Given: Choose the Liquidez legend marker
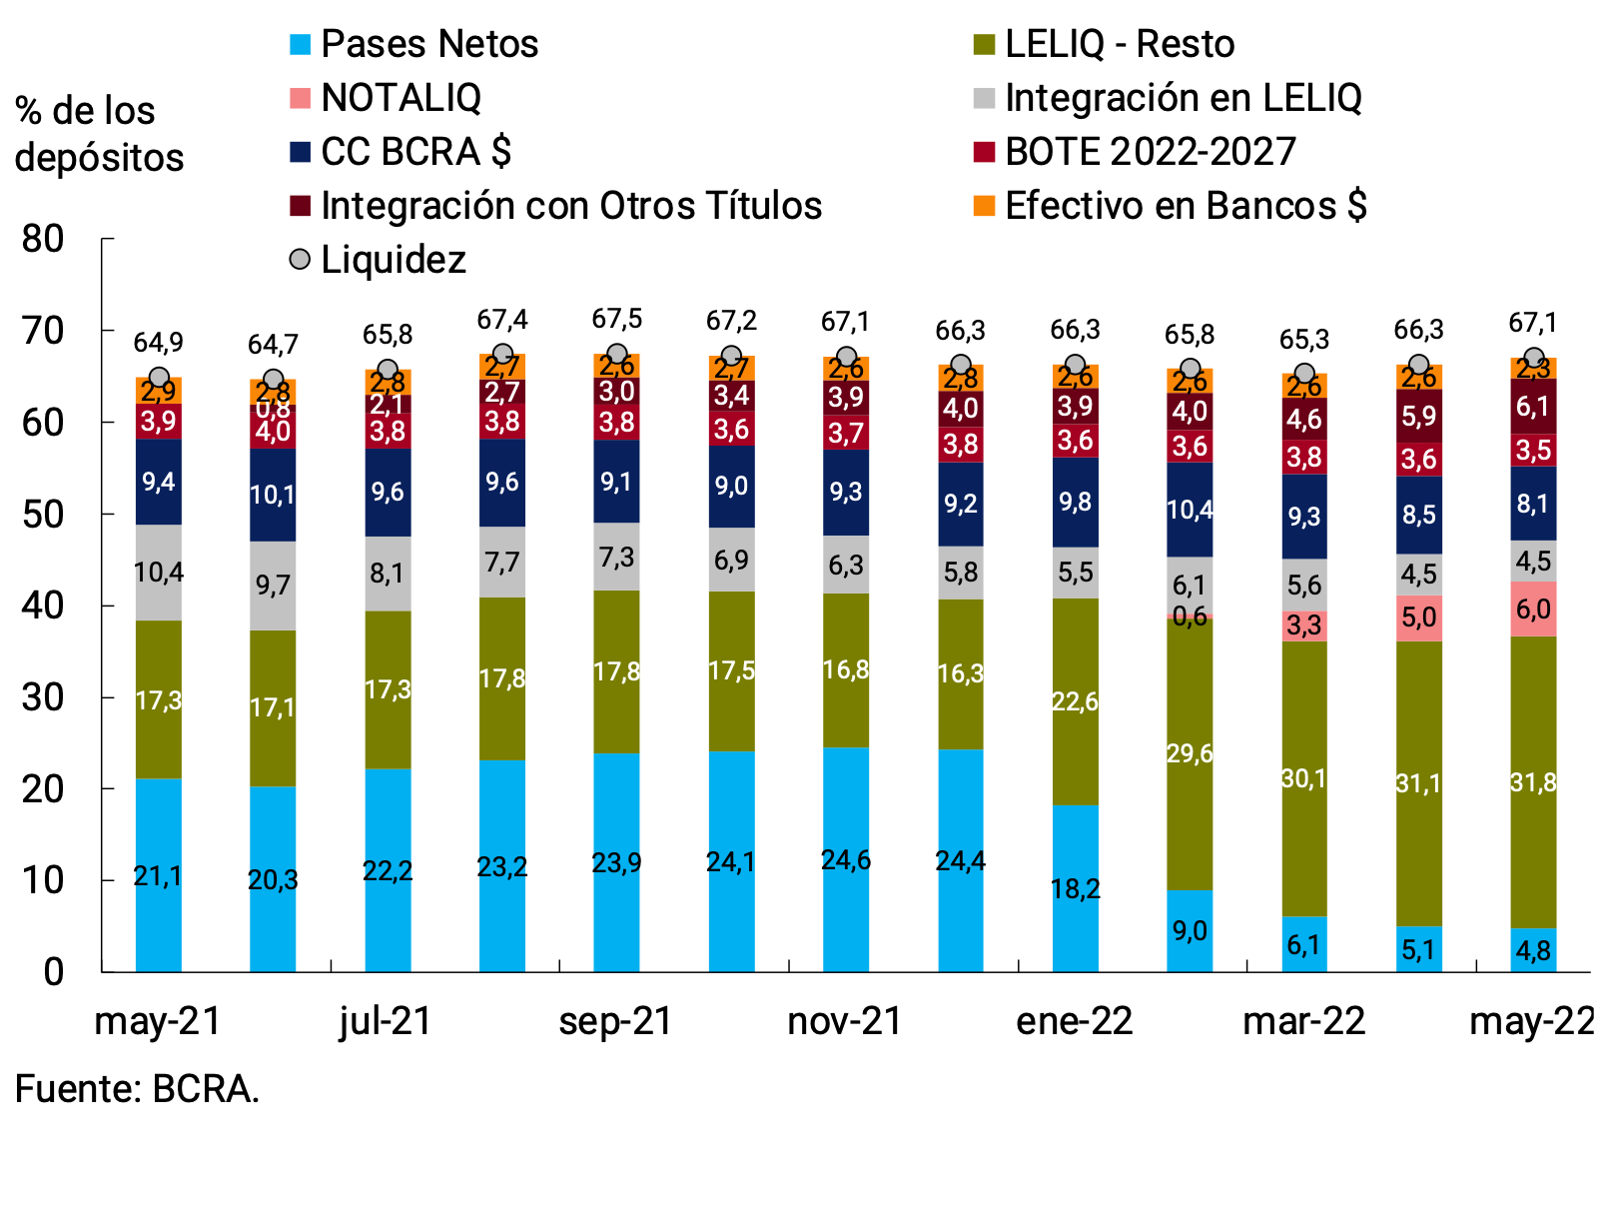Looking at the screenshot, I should (x=300, y=260).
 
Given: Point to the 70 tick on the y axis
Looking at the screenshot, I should (x=42, y=331).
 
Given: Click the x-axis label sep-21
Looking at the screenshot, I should (x=616, y=1021).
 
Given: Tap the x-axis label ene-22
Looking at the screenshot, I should (x=1075, y=1021).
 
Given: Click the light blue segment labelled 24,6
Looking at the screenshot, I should (x=846, y=859).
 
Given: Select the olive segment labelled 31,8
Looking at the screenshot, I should (x=1533, y=782).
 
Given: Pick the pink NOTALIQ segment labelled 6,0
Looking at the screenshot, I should (x=1533, y=609).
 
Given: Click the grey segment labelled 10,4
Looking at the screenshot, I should (x=159, y=573).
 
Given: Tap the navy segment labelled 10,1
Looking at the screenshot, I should (x=273, y=495).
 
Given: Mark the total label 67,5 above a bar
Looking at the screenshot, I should (x=616, y=319).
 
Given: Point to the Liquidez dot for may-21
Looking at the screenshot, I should (x=159, y=378).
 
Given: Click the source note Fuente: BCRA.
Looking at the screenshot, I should (x=137, y=1088).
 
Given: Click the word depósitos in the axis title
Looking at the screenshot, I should (x=99, y=158).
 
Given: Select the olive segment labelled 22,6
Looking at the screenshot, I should (x=1076, y=701).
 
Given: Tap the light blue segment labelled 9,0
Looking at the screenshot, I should (x=1190, y=931).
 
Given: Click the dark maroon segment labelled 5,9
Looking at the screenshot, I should (x=1418, y=416).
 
